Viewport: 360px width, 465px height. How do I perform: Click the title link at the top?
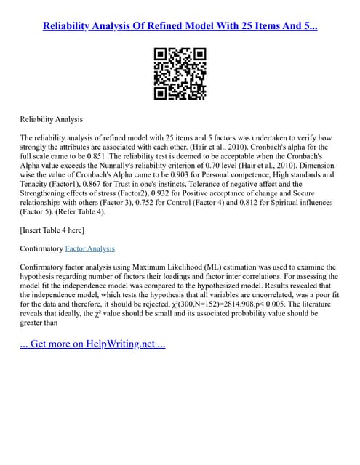[180, 27]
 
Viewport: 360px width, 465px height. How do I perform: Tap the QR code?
[180, 73]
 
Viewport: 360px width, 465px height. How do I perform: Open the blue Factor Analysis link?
[94, 248]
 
